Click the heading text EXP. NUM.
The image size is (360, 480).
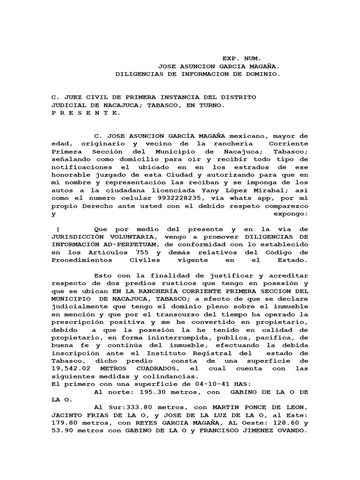[x=240, y=59]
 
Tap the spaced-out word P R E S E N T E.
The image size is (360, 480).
[x=85, y=112]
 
